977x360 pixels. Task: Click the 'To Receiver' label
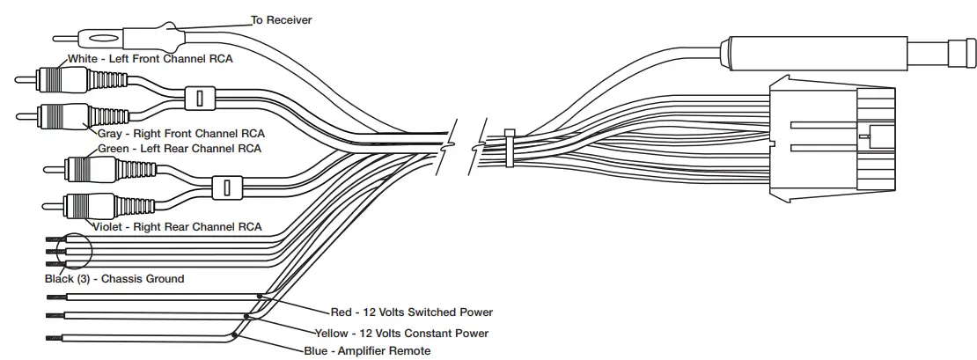tap(282, 19)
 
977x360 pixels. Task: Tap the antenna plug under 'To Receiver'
tap(101, 39)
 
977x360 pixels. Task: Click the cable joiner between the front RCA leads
tap(200, 97)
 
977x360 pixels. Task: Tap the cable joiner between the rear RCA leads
tap(227, 187)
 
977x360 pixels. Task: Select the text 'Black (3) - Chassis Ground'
tap(114, 279)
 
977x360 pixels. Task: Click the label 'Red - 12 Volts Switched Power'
tap(411, 312)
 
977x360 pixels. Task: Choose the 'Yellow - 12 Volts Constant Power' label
tap(401, 334)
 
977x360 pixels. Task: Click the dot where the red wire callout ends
tap(259, 297)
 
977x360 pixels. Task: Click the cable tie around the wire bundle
tap(510, 148)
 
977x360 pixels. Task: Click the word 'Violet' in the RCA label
tap(109, 226)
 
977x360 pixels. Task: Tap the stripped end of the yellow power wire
tap(53, 314)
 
